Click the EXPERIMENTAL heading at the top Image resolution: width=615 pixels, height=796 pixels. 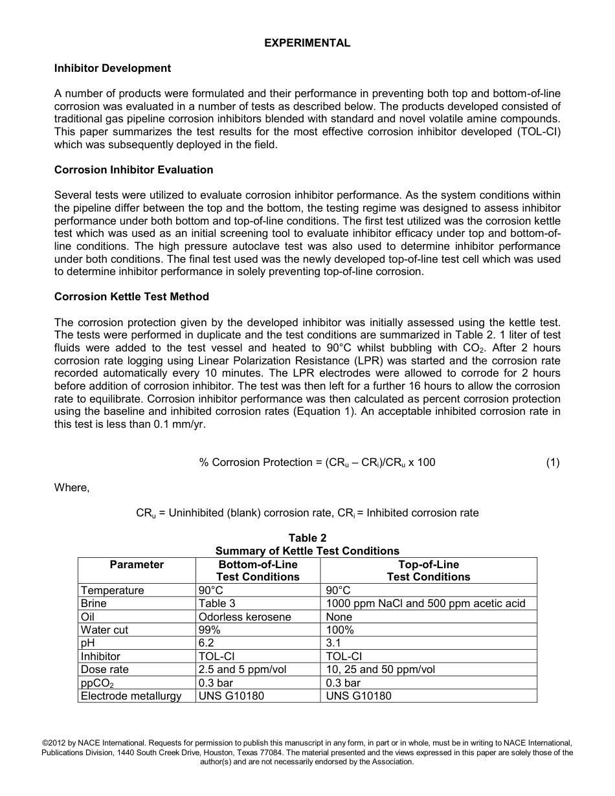(307, 43)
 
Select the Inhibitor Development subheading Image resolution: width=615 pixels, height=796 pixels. (113, 69)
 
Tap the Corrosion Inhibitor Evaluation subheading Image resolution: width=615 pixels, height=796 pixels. (133, 170)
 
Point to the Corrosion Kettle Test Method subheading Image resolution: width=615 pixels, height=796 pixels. (131, 297)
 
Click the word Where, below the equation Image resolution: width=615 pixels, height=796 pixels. (72, 488)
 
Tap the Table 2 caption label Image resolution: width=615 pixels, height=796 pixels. (307, 538)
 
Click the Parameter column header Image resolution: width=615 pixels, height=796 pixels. (137, 565)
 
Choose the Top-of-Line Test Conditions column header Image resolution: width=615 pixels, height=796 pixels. (428, 571)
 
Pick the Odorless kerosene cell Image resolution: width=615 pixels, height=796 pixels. (245, 617)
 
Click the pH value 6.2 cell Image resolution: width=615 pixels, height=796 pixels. (207, 643)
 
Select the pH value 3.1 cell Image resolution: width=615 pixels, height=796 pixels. (333, 643)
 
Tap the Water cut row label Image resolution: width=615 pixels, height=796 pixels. (104, 630)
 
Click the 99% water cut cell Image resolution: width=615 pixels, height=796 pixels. (210, 630)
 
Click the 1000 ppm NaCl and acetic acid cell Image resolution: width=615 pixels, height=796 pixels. (425, 604)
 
